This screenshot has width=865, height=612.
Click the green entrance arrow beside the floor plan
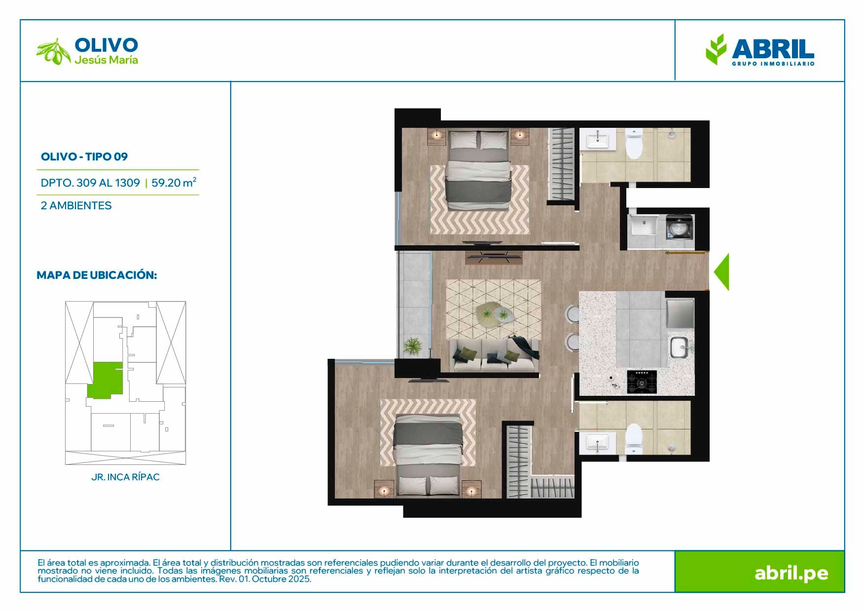[722, 272]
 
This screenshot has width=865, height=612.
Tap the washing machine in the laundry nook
[680, 227]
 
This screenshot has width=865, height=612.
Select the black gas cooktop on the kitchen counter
[642, 382]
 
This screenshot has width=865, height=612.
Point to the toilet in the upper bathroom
[634, 144]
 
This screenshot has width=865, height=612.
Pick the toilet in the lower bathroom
[634, 439]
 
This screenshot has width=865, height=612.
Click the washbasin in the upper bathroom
[598, 139]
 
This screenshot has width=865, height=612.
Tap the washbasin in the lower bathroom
[598, 443]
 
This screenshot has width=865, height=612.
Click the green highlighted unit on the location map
[105, 380]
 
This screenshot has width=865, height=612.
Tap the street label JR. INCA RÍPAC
[125, 477]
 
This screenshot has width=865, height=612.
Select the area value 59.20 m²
[174, 182]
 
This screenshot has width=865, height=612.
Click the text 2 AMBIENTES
[76, 205]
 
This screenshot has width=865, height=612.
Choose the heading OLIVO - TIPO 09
[84, 156]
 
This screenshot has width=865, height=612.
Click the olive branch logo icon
[53, 52]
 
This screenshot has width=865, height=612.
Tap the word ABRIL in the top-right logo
[773, 49]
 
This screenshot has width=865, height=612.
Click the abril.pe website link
[791, 573]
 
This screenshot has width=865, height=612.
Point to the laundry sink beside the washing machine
[643, 226]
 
